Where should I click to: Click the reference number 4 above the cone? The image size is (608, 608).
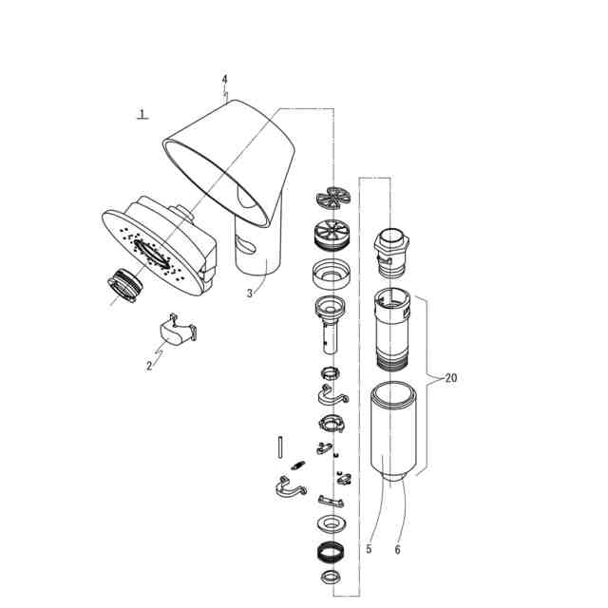click(224, 79)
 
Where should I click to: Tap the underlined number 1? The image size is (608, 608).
click(142, 114)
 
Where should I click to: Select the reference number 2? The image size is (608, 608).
click(149, 366)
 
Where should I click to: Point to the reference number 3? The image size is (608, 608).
click(250, 294)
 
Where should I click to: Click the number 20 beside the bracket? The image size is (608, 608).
click(450, 377)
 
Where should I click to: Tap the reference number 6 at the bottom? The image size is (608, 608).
click(397, 548)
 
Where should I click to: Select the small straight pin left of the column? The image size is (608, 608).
click(283, 445)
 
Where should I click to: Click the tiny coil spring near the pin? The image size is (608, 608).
click(296, 465)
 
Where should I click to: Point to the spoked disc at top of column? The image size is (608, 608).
click(333, 198)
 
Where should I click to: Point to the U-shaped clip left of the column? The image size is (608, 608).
click(289, 488)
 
